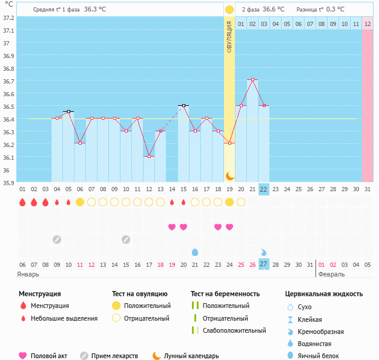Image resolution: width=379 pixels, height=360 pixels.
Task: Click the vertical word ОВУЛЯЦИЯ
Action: point(229,36)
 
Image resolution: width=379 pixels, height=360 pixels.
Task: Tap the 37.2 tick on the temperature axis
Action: point(8,18)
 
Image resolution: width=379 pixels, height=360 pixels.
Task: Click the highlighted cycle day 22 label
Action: point(263,189)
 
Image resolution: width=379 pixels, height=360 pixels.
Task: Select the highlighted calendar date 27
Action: point(263,264)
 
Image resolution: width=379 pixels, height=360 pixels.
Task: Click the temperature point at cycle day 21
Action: point(252,79)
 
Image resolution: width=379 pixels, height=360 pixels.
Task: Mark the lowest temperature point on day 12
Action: point(149,156)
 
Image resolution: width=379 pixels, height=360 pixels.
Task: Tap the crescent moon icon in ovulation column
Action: point(229,175)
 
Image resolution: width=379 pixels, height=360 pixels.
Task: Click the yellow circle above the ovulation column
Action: point(229,10)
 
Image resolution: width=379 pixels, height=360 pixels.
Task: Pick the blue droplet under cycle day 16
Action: point(195,252)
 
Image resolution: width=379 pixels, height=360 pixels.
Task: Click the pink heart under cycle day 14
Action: point(172,227)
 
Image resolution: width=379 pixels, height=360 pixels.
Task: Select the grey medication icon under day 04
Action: point(56,239)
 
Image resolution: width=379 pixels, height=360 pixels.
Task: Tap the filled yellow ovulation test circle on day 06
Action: point(79,202)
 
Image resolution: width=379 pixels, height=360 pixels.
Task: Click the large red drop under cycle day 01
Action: point(22,202)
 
